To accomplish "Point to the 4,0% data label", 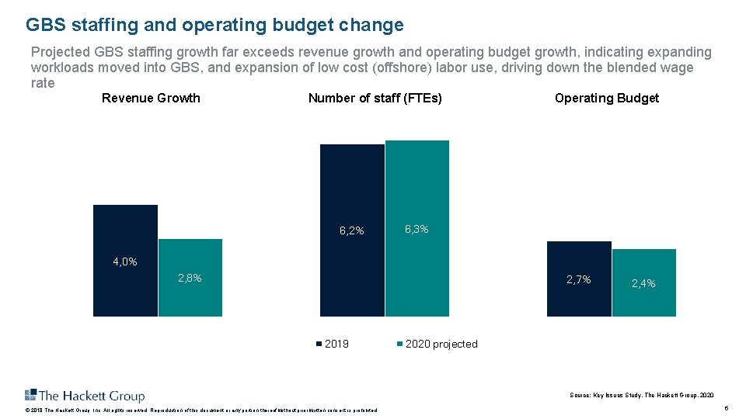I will (125, 262).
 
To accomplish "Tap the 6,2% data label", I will (352, 230).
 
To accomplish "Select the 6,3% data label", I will (417, 230).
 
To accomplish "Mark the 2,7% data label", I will (578, 279).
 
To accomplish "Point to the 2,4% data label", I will (643, 284).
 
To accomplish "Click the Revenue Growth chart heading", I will (151, 99).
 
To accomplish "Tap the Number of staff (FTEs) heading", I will (375, 99).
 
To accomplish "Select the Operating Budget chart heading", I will (607, 99).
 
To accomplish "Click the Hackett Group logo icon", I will (31, 395).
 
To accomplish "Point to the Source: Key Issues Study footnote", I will (641, 396).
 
